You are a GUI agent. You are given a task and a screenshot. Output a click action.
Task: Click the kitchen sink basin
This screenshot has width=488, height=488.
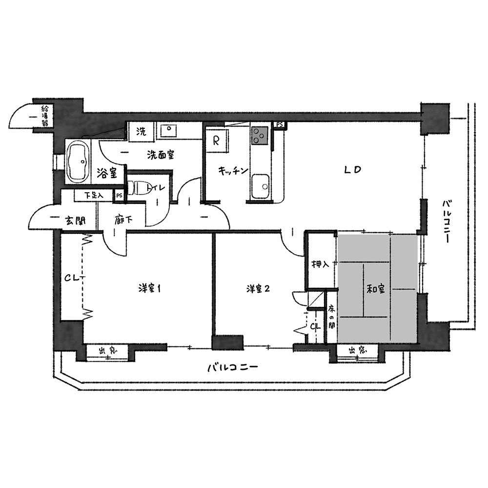[x=261, y=185]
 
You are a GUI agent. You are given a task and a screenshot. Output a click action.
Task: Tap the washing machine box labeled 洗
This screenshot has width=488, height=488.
[x=142, y=131]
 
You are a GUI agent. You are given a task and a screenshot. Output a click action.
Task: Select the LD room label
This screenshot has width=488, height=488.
[x=352, y=170]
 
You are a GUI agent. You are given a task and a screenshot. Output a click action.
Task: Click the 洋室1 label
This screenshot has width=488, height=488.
[x=149, y=289]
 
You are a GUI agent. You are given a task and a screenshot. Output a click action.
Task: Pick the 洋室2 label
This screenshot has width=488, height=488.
[x=258, y=289]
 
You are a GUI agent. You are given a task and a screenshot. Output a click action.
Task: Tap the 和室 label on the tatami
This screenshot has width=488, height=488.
[x=376, y=289]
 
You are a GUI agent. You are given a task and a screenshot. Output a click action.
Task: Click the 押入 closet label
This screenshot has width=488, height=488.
[x=320, y=264]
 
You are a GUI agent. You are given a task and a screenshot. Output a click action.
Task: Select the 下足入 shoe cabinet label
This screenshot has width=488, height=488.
[x=94, y=196]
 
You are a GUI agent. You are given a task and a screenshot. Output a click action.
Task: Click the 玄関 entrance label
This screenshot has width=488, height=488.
[x=75, y=221]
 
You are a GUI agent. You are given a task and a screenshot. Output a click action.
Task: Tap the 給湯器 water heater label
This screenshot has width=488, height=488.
[x=45, y=116]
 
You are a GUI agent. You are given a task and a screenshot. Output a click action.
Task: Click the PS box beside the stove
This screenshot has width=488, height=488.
[x=280, y=124]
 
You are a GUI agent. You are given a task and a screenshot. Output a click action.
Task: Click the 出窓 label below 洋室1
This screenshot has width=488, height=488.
[x=108, y=351]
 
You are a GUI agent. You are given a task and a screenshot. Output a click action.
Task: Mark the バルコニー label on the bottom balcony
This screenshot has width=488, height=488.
[x=233, y=367]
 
